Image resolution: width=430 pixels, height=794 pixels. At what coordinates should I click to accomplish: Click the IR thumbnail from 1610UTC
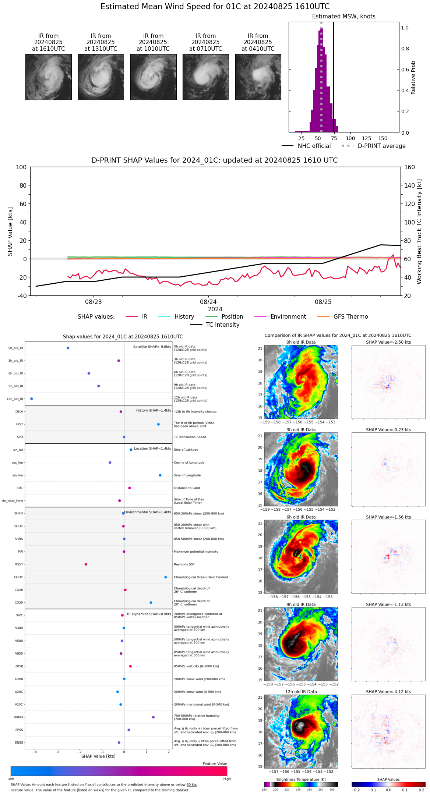pos(48,77)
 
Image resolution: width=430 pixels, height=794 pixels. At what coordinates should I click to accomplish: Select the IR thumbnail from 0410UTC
pos(258,77)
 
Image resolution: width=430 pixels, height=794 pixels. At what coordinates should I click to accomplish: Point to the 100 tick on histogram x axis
pos(350,138)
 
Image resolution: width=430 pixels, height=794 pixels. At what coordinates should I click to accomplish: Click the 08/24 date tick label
pos(208,302)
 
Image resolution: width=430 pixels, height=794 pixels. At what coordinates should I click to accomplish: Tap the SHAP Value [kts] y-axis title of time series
pos(10,231)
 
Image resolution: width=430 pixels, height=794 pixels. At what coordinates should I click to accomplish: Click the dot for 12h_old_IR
pos(31,399)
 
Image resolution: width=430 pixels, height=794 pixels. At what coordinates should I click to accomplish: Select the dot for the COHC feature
pos(165,577)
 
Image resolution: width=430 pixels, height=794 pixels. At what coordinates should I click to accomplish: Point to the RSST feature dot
pos(86,564)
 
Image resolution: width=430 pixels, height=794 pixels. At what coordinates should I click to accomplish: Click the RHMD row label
pos(18,717)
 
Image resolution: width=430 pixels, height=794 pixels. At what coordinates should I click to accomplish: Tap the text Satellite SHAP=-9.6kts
pos(152,347)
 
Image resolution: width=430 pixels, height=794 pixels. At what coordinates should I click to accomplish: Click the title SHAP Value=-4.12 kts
pos(388,692)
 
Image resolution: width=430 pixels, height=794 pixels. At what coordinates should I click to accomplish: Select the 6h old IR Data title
pos(301,517)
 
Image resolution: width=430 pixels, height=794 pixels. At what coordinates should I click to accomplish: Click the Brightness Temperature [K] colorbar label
pos(301,779)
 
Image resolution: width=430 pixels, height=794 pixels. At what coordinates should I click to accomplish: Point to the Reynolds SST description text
pos(184,564)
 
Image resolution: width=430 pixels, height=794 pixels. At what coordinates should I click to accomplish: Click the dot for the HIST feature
pos(158,424)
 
